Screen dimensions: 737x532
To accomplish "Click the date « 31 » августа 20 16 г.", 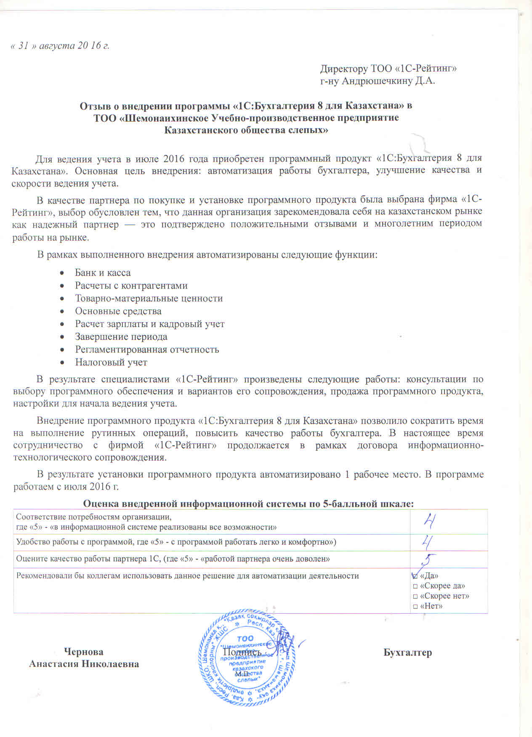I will point(60,45).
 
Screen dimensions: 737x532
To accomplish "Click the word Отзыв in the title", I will point(94,105).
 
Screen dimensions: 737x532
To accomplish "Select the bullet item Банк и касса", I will point(103,273).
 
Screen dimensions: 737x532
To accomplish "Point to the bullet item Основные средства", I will point(118,311).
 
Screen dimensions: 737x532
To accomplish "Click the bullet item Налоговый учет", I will point(111,362).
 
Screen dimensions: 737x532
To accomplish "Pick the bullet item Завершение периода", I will point(121,337).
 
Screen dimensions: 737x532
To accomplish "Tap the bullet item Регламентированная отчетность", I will point(147,349).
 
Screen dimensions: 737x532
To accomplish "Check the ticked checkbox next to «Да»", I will point(415,576).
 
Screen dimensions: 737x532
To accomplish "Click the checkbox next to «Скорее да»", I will point(415,586).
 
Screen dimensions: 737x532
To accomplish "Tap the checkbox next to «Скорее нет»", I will point(415,596).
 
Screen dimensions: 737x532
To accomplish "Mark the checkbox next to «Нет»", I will point(415,606).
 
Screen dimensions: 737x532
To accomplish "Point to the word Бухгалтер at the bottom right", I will point(407,652).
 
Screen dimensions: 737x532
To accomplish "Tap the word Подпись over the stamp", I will point(242,652).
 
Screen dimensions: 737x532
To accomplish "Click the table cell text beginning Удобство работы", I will point(176,542).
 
